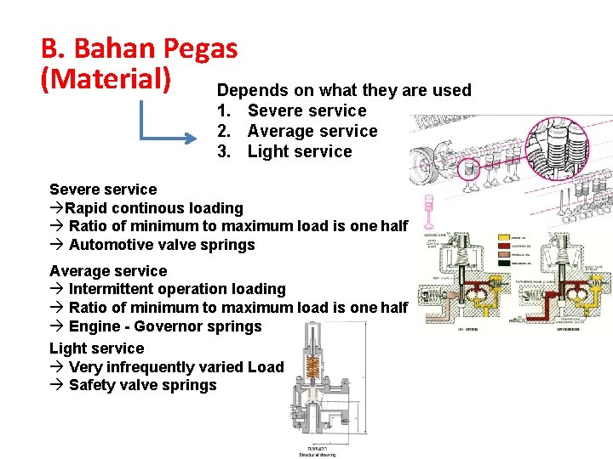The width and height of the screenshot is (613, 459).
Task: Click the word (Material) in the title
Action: click(106, 78)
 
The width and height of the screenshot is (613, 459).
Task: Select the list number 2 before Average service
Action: click(223, 131)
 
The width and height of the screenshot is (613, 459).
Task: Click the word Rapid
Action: click(88, 207)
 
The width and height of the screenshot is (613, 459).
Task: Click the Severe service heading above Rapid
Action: click(103, 189)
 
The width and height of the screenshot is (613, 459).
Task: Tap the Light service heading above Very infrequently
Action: click(96, 348)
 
